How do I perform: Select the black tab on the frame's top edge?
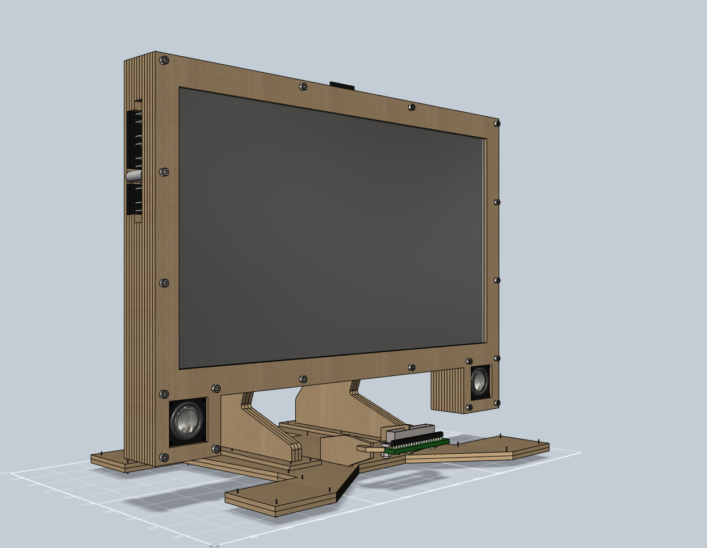click(x=342, y=86)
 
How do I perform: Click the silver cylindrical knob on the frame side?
click(x=133, y=177)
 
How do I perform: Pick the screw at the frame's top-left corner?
click(x=164, y=60)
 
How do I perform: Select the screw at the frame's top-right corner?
click(x=497, y=123)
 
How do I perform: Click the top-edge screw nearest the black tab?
click(x=304, y=87)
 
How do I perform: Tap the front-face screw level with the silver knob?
click(x=164, y=171)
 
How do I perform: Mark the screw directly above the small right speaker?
click(x=469, y=361)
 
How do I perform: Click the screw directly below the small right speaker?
click(x=469, y=407)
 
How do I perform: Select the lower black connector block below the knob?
click(x=135, y=200)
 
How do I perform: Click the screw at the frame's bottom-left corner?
click(x=164, y=457)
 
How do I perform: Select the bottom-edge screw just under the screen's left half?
click(x=303, y=379)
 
